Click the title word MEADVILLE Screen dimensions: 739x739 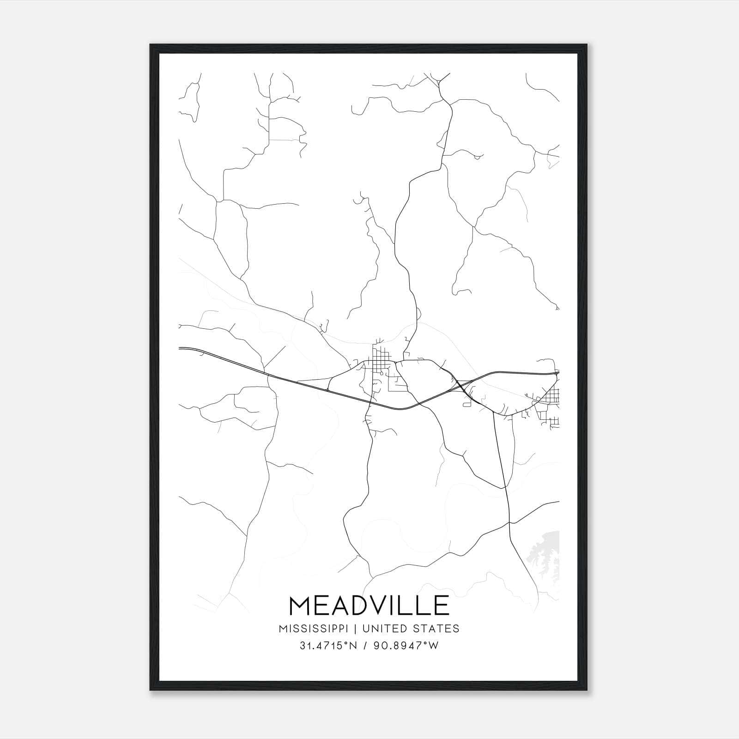coord(369,606)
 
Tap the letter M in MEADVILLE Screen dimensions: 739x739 coord(300,606)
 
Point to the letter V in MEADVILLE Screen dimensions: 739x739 coord(376,606)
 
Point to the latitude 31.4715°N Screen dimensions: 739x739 coord(328,646)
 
